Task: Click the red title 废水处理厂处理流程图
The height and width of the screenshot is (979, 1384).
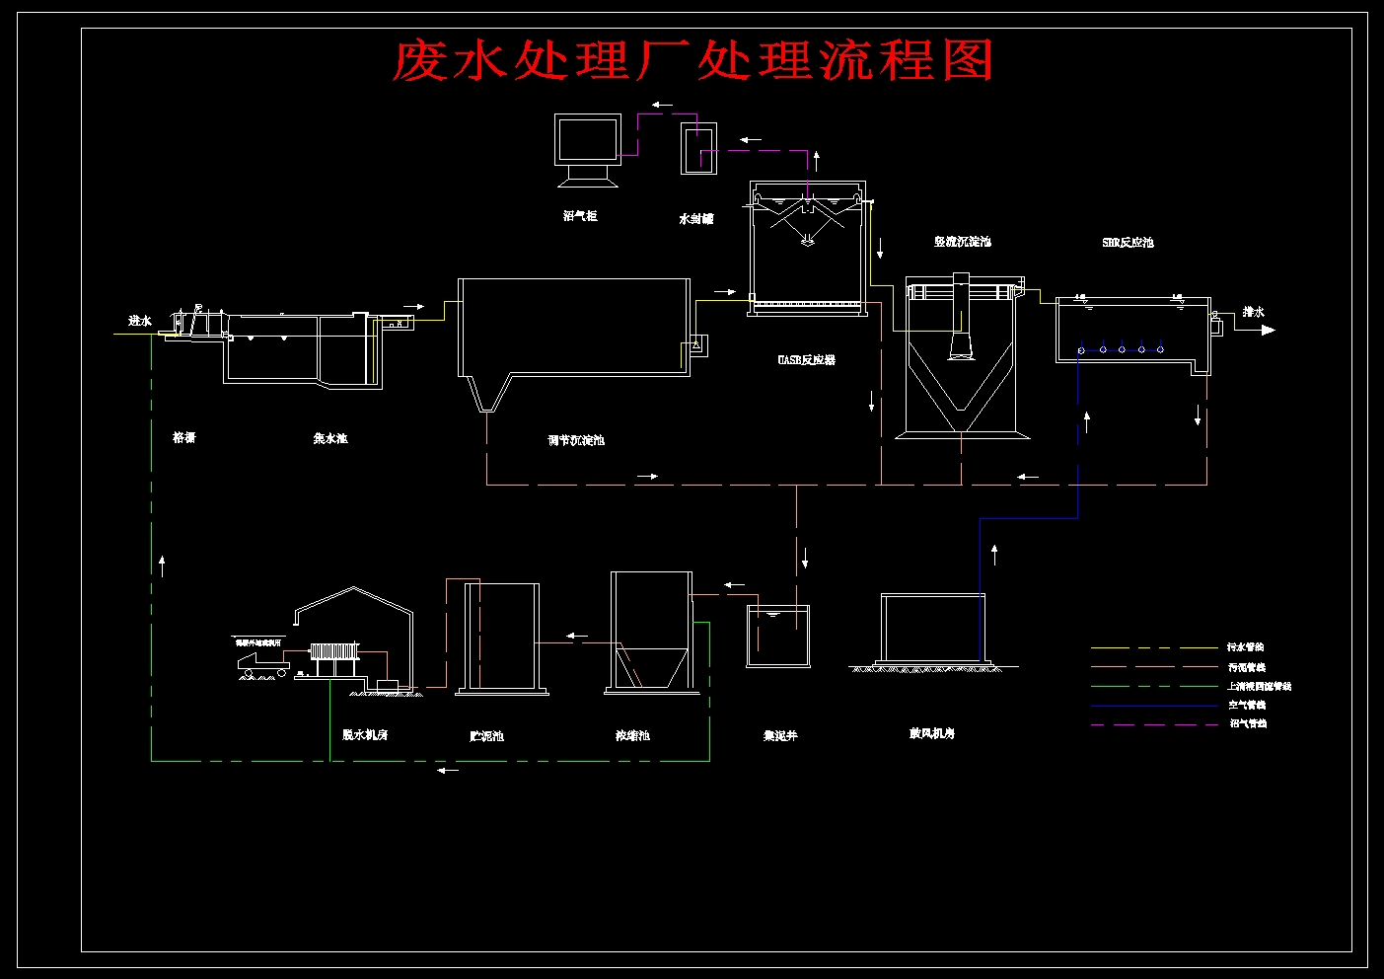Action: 692,61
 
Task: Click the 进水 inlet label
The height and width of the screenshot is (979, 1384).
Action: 140,321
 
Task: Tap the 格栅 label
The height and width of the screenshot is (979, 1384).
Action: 184,437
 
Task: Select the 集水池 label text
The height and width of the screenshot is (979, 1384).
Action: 330,438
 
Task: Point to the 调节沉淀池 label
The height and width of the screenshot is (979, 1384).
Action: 576,440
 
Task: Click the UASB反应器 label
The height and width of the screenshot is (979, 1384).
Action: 806,360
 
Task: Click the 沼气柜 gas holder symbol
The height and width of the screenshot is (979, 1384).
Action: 588,150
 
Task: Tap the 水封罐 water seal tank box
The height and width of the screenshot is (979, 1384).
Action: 698,148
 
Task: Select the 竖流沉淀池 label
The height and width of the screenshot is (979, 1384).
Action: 963,242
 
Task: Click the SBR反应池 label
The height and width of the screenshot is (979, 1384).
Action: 1128,243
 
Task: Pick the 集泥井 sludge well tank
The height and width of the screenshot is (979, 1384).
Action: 778,637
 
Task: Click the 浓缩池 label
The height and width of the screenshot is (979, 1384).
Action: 632,735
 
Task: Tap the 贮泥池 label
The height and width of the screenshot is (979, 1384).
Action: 486,736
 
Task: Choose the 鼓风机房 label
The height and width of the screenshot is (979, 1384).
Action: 931,733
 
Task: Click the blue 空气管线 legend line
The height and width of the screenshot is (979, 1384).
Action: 1154,706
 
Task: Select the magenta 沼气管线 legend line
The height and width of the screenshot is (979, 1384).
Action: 1154,724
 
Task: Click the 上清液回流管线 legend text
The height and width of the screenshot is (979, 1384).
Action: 1259,686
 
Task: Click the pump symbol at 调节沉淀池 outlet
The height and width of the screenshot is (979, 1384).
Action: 695,344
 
